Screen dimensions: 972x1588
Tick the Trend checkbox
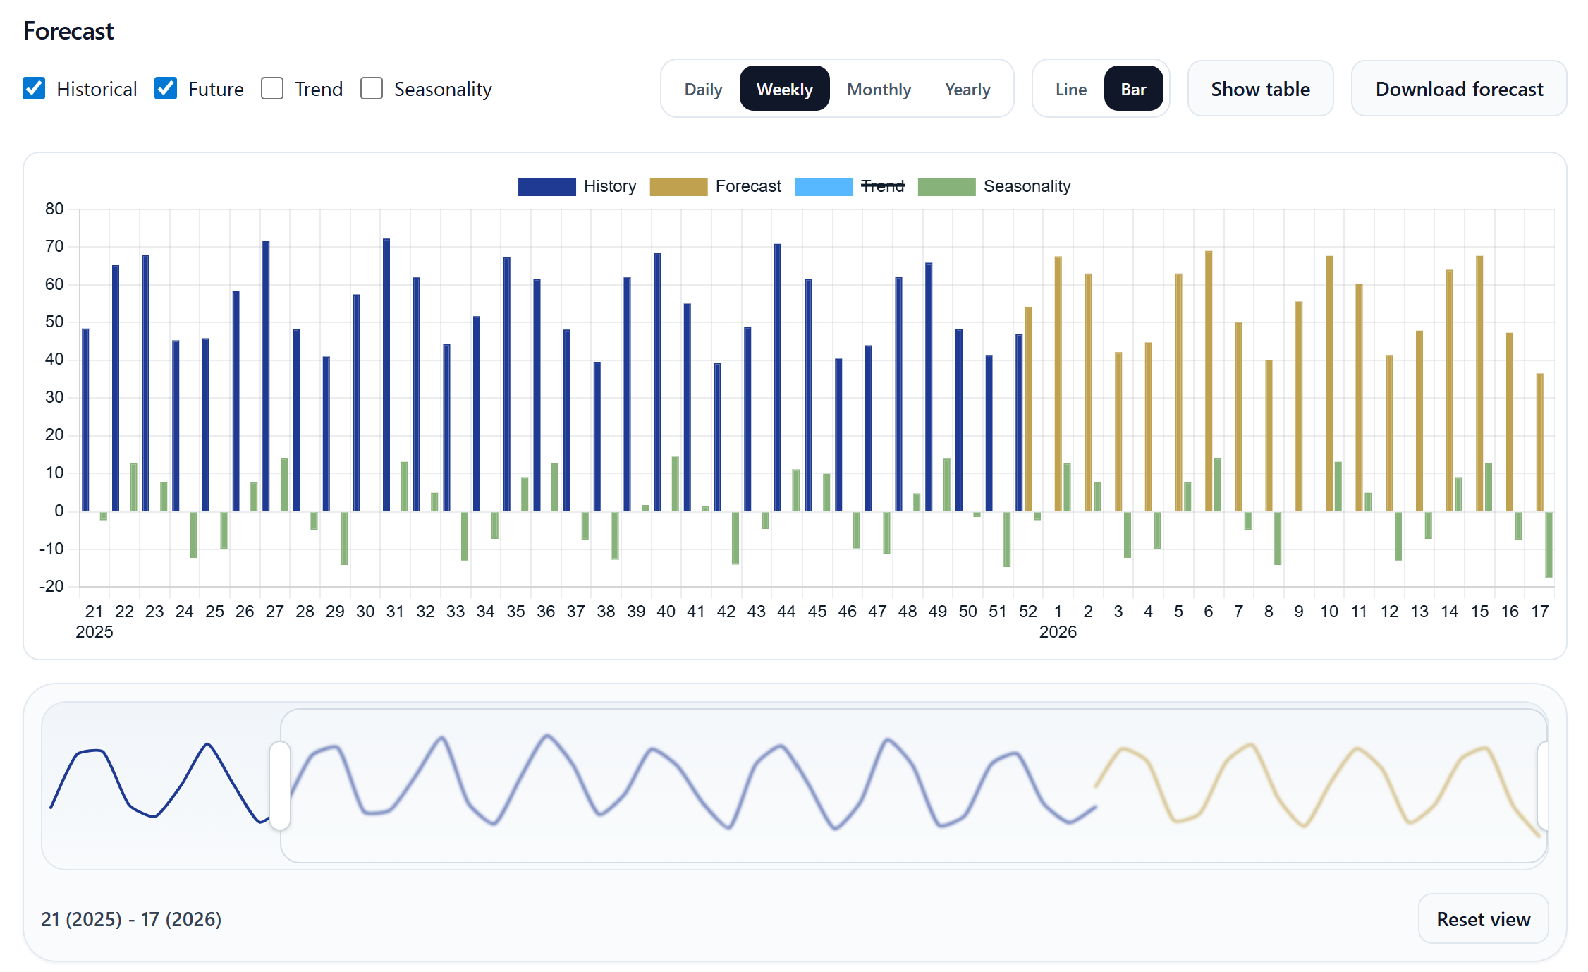[x=272, y=89]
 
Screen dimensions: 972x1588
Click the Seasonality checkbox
[x=372, y=89]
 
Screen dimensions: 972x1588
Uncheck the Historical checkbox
[x=34, y=89]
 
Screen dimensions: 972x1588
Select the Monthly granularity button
[x=879, y=89]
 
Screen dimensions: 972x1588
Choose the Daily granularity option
[x=703, y=89]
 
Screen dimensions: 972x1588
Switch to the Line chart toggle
[x=1070, y=89]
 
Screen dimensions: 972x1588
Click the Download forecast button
[x=1458, y=89]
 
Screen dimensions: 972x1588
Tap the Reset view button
[x=1483, y=919]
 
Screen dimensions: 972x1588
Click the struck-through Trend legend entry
[x=882, y=186]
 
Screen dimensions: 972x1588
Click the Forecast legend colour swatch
[x=678, y=186]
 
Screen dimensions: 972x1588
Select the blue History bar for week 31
[x=386, y=374]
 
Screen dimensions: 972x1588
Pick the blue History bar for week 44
[x=778, y=377]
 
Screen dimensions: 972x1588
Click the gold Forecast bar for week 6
[x=1209, y=381]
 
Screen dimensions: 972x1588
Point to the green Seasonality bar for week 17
[x=1549, y=545]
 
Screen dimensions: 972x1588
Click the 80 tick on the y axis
[x=54, y=209]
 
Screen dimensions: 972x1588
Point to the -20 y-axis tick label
[x=51, y=586]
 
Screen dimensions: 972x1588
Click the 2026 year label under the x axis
[x=1058, y=632]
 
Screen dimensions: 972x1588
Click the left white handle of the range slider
[x=280, y=785]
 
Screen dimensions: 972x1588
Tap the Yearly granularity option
[x=967, y=89]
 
